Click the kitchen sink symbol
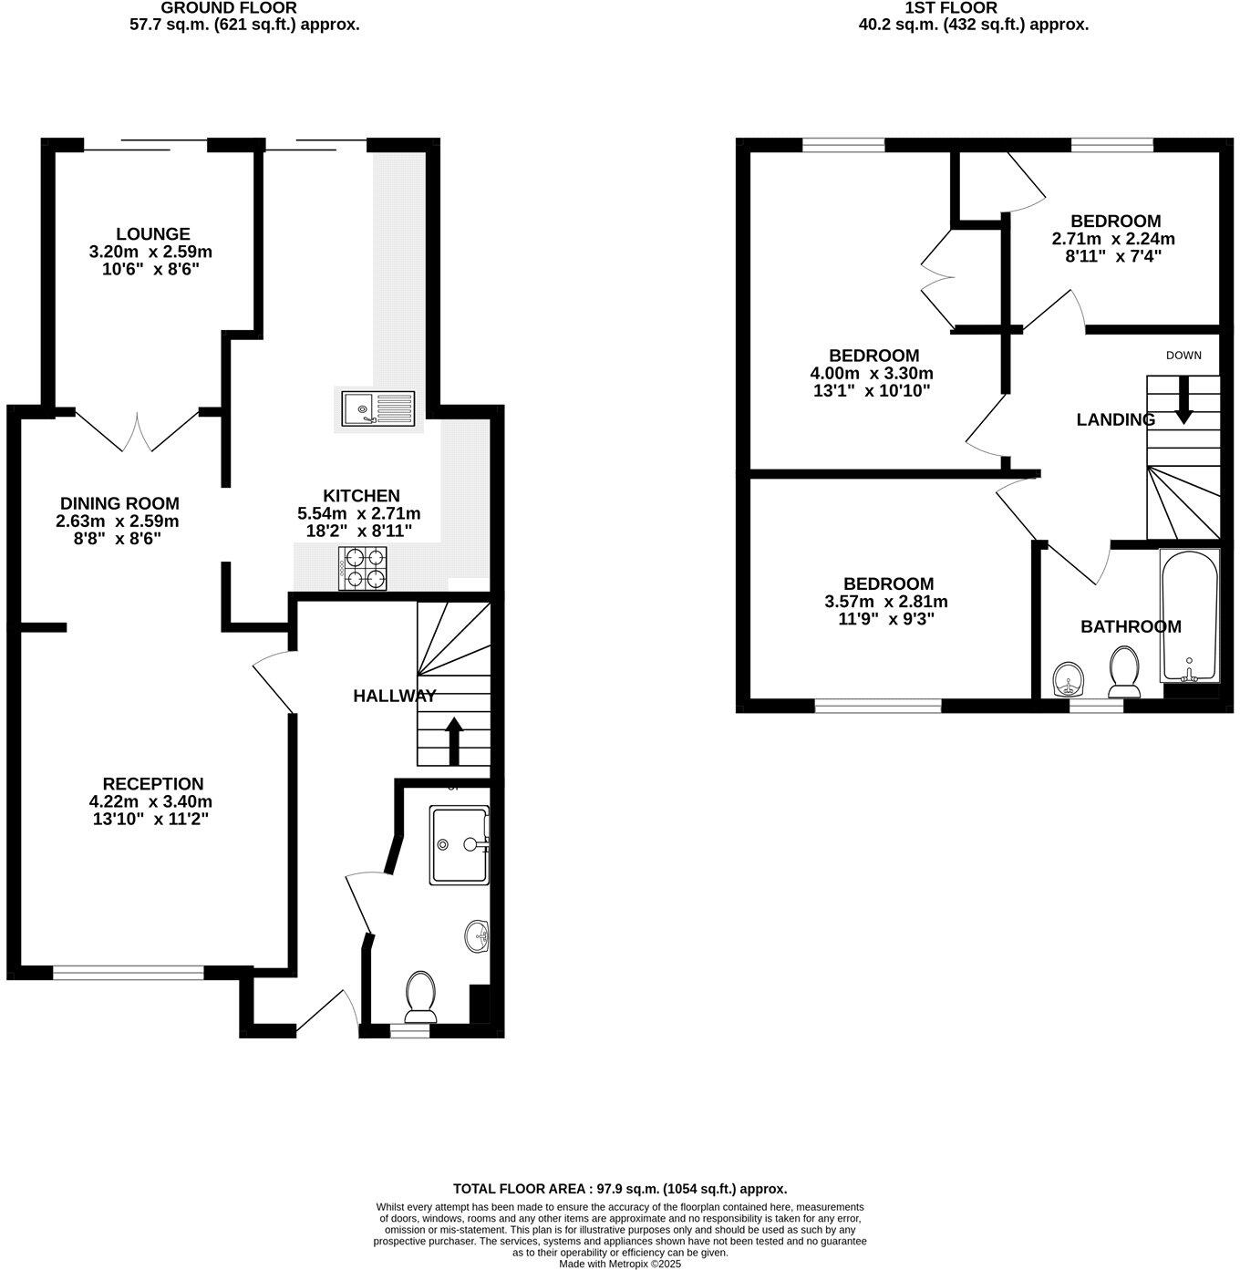[x=377, y=409]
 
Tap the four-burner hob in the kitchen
[x=363, y=568]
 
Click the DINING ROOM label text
[x=119, y=503]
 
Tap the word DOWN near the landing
[x=1183, y=356]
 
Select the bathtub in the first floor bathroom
[x=1189, y=615]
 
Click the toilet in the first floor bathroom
[x=1122, y=671]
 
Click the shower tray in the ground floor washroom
[x=459, y=845]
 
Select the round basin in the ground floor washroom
[x=477, y=936]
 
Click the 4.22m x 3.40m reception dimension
[x=152, y=801]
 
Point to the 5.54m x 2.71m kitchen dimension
[x=359, y=513]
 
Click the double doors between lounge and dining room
[x=137, y=431]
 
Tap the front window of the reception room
[x=128, y=974]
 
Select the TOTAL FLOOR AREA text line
[x=620, y=1189]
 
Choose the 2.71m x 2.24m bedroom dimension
[x=1113, y=239]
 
